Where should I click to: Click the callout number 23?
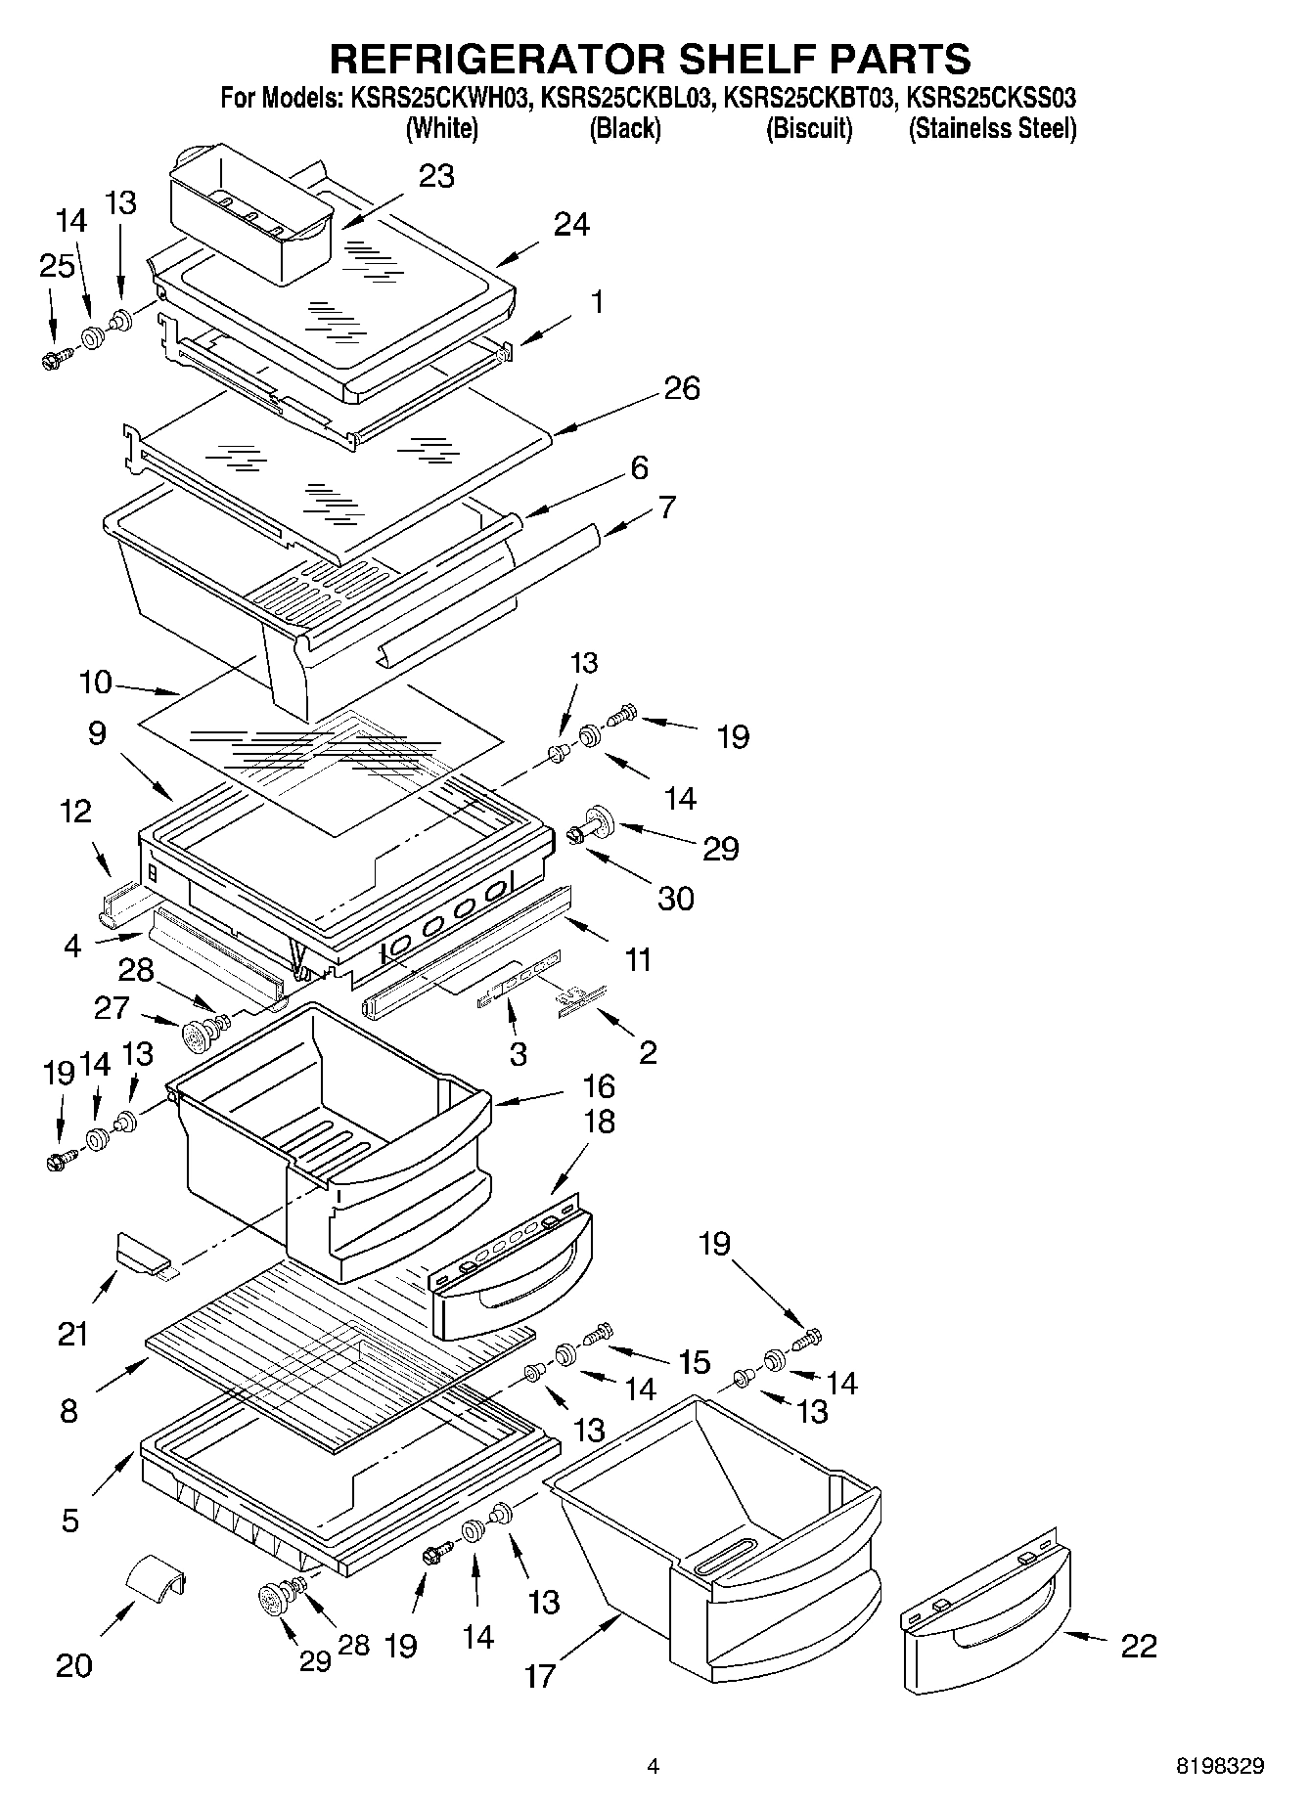(436, 177)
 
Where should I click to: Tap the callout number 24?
(571, 225)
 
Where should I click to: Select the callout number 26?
(681, 388)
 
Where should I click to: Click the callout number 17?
(539, 1675)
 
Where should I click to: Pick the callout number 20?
(73, 1665)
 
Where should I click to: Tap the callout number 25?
(58, 265)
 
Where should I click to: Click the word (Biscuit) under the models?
(808, 129)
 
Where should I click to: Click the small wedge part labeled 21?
(143, 1254)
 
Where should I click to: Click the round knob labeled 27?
(199, 1033)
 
